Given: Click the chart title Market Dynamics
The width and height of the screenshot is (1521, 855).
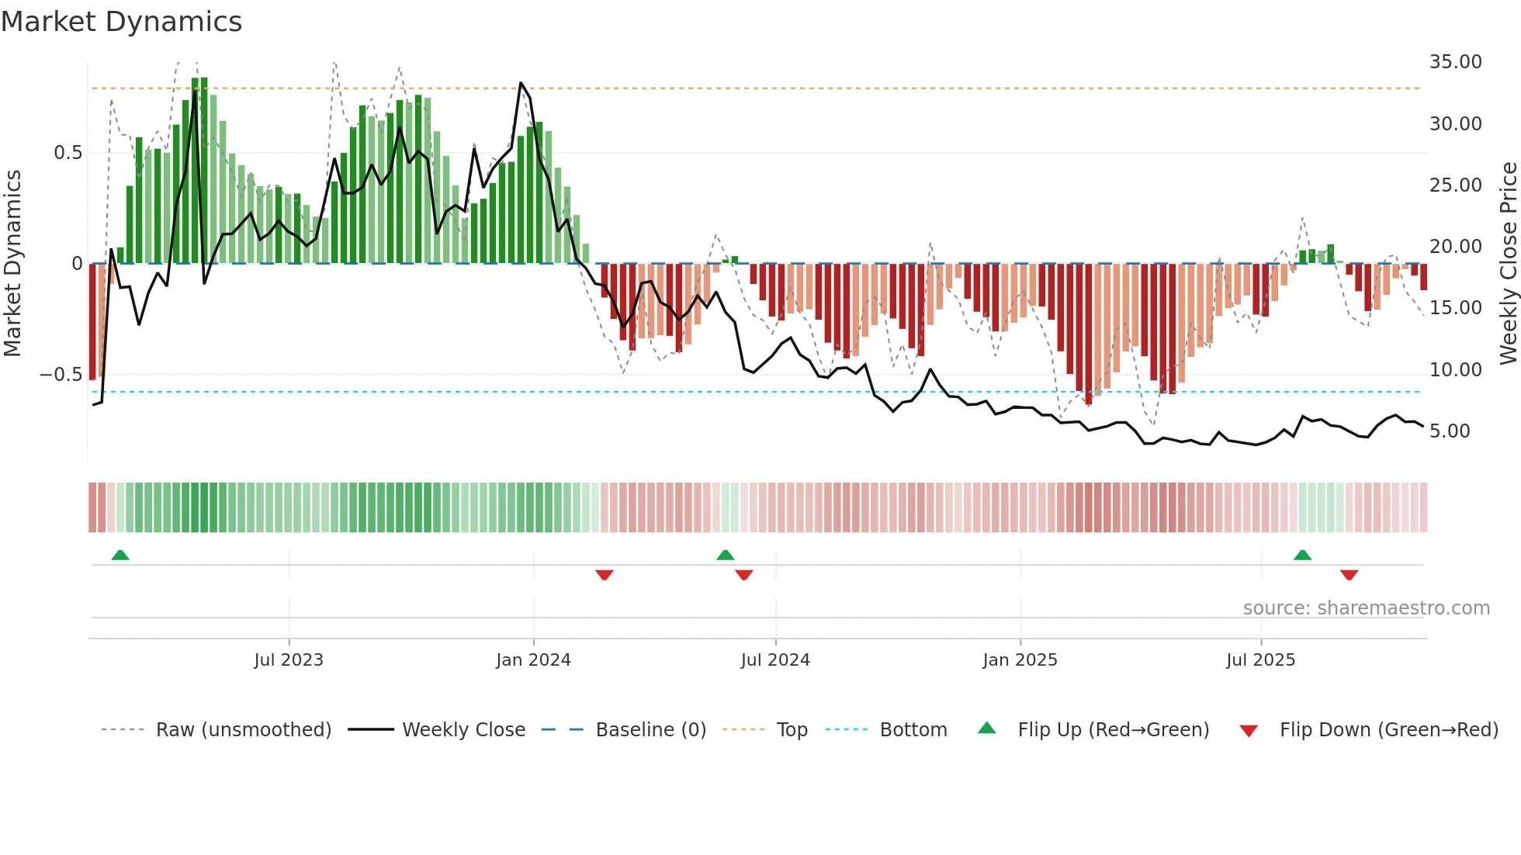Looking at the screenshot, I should point(122,22).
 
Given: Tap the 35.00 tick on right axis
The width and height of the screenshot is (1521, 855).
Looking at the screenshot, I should point(1455,62).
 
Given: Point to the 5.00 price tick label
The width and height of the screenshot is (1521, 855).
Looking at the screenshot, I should point(1449,431).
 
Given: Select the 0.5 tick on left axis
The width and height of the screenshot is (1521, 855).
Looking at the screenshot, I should point(68,153).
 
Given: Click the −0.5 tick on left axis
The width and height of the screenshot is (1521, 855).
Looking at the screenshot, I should point(61,375).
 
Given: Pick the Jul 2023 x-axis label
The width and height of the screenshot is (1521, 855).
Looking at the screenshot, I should point(289,660).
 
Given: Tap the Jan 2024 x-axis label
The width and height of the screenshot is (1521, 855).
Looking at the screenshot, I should point(533,660).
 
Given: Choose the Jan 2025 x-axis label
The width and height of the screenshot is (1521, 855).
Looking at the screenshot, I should point(1020,660).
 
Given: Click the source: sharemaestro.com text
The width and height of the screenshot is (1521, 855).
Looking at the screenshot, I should point(1366,608).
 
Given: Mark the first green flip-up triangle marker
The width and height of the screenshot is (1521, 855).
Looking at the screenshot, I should point(120,555).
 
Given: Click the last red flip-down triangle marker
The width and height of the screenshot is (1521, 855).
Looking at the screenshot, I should point(1349,575).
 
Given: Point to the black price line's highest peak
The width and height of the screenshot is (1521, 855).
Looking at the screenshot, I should point(521,83).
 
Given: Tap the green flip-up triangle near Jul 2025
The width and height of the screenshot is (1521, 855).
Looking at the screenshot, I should point(1302,555).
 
